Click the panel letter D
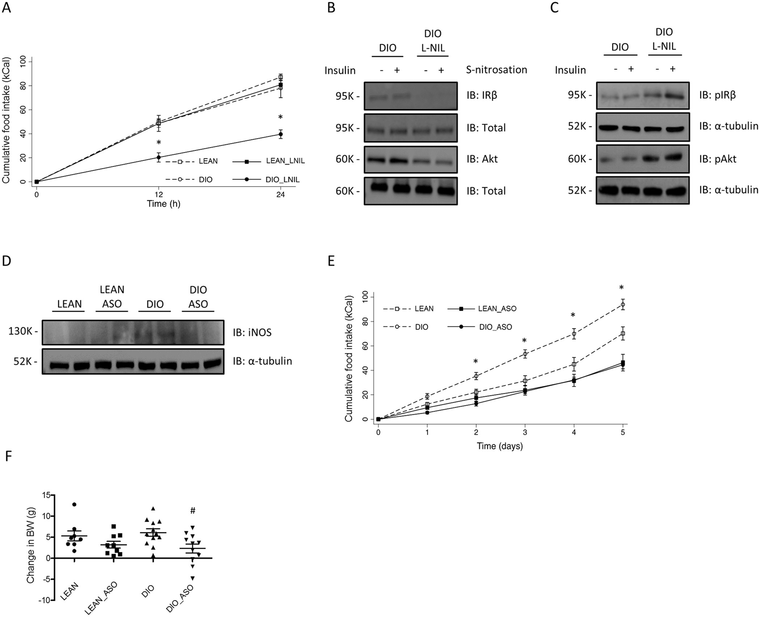tap(7, 261)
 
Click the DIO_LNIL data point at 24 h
tap(280, 134)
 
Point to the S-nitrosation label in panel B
tap(496, 70)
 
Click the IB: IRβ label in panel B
tap(482, 96)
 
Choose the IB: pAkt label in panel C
tap(717, 159)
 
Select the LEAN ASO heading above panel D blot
tap(112, 297)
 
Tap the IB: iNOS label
tap(252, 332)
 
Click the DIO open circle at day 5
tap(623, 305)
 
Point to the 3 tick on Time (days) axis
tap(525, 432)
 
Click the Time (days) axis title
tap(499, 446)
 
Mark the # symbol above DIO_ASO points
tap(193, 511)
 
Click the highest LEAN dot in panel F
tap(74, 504)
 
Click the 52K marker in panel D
tap(23, 361)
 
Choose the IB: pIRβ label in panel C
tap(717, 96)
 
